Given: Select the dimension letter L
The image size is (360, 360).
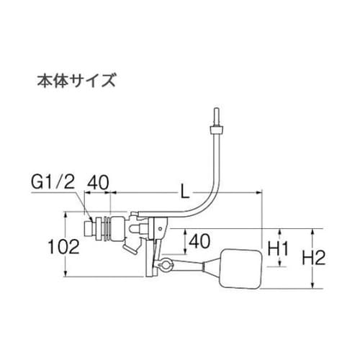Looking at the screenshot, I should tap(185, 192).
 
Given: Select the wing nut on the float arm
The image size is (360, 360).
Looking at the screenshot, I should tap(164, 267).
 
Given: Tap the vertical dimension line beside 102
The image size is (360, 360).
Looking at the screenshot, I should tap(66, 245).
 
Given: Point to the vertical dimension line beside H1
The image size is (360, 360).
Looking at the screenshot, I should tap(263, 248).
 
